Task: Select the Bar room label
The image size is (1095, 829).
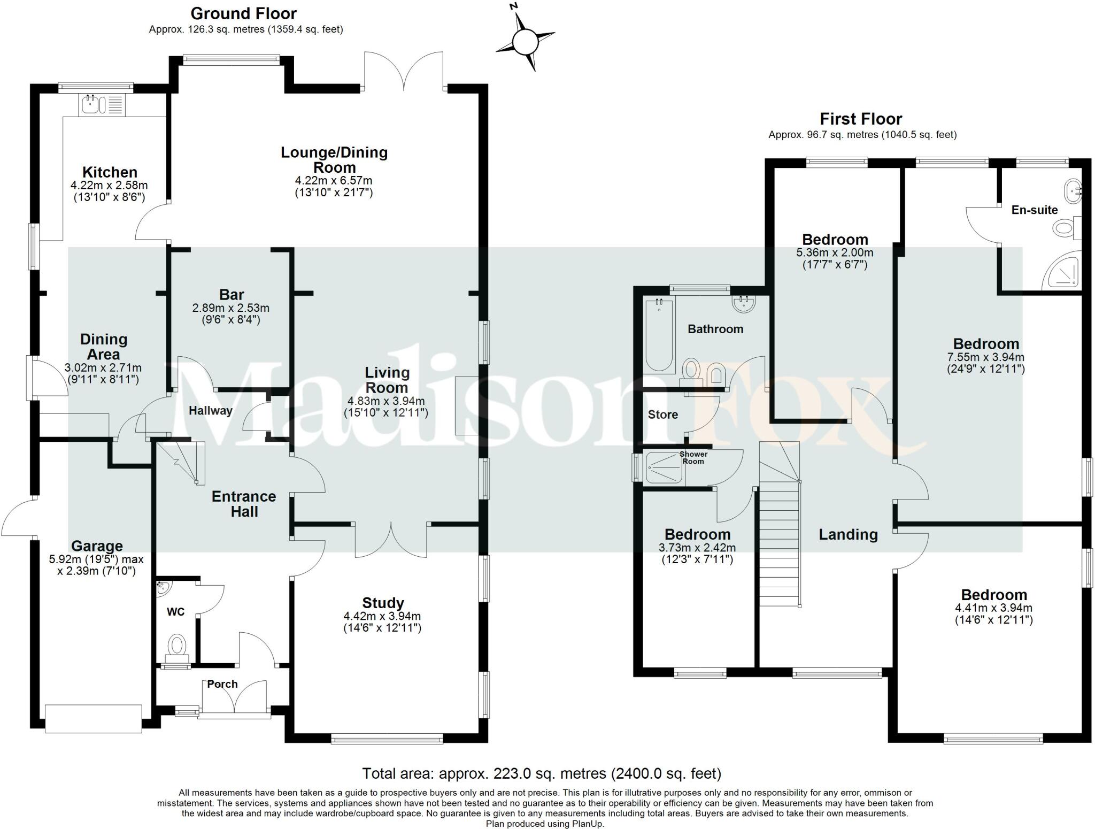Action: pos(232,295)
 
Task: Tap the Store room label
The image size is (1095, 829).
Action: pos(662,414)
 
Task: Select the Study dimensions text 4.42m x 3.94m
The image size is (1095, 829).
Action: pos(382,616)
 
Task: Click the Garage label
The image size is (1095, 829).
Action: pos(97,546)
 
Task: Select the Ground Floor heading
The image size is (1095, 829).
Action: pos(243,13)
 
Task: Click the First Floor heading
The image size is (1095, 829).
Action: pos(861,119)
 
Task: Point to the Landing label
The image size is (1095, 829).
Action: pos(848,534)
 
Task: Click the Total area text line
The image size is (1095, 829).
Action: pos(542,773)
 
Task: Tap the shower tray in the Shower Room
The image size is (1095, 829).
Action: pos(664,468)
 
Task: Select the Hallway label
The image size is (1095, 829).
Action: pos(210,411)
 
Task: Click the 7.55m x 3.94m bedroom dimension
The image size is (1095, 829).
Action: pos(985,357)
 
